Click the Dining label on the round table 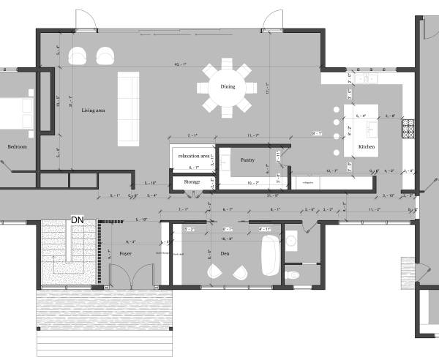[x=228, y=87]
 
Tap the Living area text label [x=93, y=110]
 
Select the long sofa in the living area [x=128, y=107]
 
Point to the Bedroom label [x=17, y=146]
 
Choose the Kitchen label [x=367, y=147]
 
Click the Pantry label [x=247, y=159]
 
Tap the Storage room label [x=192, y=181]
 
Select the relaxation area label [x=193, y=157]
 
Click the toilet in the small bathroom [x=293, y=274]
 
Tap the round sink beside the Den [x=290, y=239]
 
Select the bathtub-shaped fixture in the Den [x=266, y=253]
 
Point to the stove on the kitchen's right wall [x=407, y=129]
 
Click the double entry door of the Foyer [x=136, y=276]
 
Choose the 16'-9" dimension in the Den [x=225, y=239]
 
